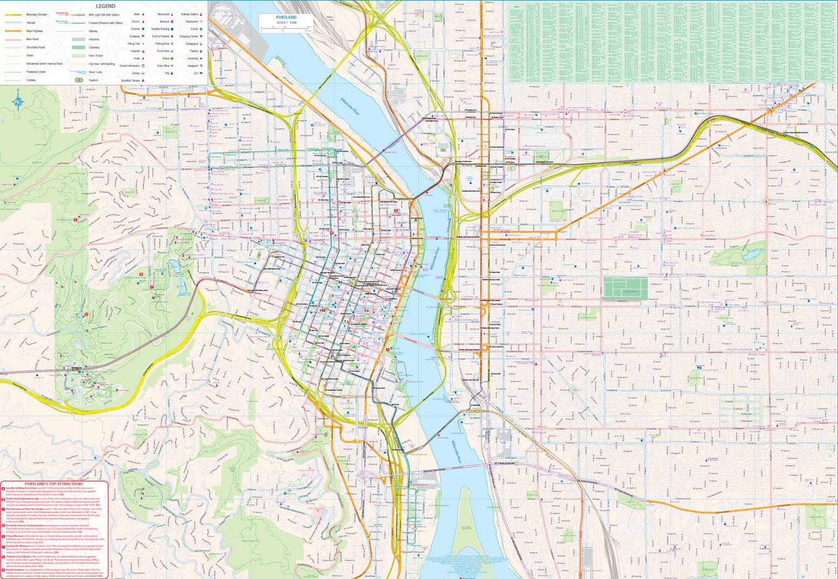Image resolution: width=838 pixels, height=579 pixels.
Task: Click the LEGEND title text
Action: tap(105, 6)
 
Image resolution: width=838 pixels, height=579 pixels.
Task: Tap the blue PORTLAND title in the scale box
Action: tap(286, 17)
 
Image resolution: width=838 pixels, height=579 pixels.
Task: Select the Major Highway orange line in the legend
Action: tap(13, 31)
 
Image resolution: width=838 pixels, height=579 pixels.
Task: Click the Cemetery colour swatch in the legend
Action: tap(78, 48)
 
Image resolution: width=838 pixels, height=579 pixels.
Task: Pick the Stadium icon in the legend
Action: tap(79, 80)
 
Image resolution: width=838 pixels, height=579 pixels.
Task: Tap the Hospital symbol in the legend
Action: tap(143, 51)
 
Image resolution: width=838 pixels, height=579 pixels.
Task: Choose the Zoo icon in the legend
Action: tap(201, 73)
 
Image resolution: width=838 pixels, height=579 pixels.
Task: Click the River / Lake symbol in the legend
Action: tap(78, 72)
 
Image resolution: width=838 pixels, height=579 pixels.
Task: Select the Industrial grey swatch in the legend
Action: tap(78, 40)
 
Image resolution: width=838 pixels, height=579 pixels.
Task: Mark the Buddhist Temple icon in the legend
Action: tap(143, 80)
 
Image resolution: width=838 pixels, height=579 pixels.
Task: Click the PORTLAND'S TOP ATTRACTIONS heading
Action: tap(54, 484)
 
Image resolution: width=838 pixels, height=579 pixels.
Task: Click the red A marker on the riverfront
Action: tap(388, 349)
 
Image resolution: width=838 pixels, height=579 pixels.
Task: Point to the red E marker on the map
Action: tap(75, 220)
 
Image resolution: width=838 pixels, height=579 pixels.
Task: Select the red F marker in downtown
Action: tap(323, 310)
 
